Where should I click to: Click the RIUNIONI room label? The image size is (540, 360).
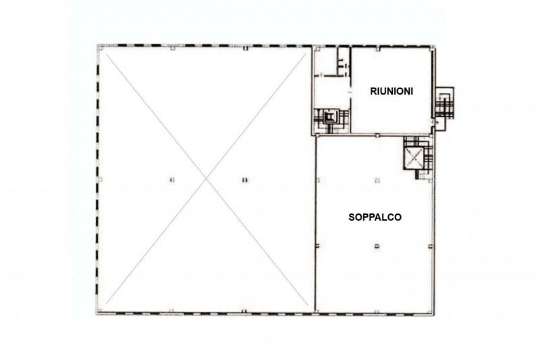391,91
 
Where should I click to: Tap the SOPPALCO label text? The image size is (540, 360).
375,217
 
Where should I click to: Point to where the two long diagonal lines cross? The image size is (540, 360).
207,178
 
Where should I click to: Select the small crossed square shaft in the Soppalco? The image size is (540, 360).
413,158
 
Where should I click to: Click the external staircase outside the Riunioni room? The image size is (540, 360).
445,103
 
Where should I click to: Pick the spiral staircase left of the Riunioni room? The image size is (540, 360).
330,118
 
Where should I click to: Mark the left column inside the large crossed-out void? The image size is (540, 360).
172,180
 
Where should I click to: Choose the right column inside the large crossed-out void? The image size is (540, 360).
245,180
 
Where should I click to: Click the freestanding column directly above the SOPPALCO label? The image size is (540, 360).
377,180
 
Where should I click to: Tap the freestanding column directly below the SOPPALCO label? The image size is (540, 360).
377,246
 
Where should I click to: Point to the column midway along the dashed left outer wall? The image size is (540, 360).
100,180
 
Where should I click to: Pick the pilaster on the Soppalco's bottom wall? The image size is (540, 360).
377,312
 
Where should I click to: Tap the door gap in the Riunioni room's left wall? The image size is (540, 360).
350,93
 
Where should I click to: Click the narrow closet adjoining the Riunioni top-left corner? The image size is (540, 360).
344,61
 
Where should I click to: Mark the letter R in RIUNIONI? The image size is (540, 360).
373,91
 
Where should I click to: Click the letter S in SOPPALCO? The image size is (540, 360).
352,217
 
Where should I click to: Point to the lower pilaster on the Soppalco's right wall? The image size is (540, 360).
430,246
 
